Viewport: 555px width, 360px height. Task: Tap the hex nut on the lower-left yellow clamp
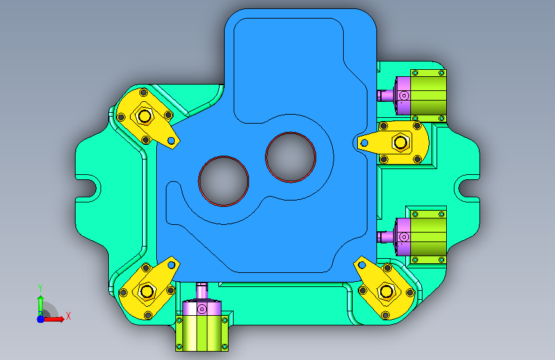147,291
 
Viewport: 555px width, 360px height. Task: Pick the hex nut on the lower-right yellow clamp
386,291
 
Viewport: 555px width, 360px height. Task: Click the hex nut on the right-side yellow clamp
401,142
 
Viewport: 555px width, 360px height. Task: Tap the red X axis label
68,316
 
